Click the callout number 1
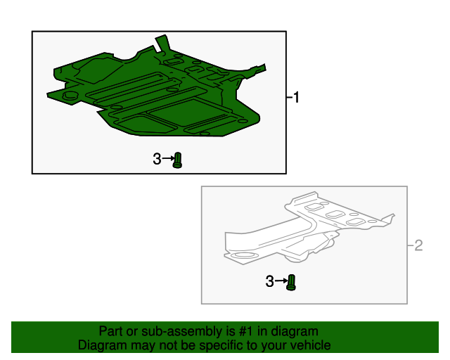tap(296, 97)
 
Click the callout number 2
tap(419, 245)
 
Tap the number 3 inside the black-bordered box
tap(157, 159)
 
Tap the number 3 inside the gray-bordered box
tap(269, 281)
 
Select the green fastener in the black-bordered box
tap(177, 160)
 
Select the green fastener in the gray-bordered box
tap(291, 283)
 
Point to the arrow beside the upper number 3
tap(168, 158)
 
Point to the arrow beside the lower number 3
tap(281, 281)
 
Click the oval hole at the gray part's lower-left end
tap(243, 255)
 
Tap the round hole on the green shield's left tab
tap(71, 95)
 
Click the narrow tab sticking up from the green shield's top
tap(162, 44)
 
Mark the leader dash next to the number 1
tap(289, 98)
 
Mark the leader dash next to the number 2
tap(411, 245)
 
